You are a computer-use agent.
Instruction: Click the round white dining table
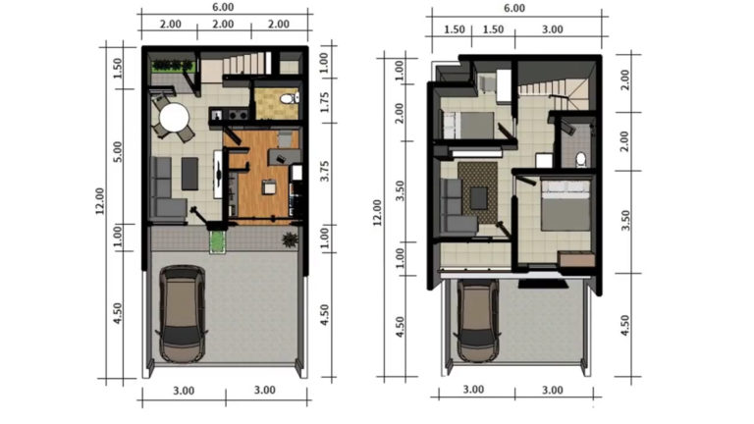click(x=175, y=119)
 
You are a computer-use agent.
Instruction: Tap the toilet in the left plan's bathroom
click(x=284, y=99)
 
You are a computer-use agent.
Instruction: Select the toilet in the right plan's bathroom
click(x=580, y=158)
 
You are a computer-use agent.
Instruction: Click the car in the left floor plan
click(x=183, y=314)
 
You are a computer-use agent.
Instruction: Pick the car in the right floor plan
click(x=476, y=321)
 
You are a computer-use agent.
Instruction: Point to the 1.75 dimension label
click(x=325, y=101)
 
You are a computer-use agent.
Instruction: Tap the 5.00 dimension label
click(x=118, y=152)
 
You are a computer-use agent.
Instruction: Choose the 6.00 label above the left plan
click(x=223, y=9)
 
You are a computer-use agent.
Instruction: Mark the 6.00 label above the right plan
click(x=513, y=9)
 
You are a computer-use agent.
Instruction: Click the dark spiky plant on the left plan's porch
click(x=289, y=239)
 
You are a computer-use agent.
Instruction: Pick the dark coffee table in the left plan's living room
click(x=189, y=174)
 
